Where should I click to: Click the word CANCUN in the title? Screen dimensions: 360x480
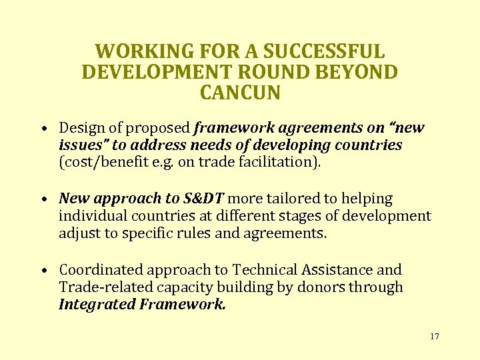[240, 92]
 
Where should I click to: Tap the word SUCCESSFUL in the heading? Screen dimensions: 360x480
[324, 51]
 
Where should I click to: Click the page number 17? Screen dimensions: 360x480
[435, 337]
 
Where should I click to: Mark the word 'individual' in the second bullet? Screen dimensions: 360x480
[88, 216]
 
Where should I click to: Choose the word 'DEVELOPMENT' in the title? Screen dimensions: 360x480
[161, 72]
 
